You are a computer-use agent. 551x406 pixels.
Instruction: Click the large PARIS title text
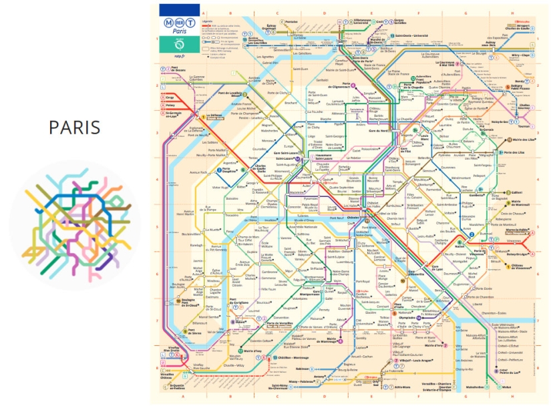75,127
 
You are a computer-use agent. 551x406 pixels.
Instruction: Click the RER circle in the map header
179,22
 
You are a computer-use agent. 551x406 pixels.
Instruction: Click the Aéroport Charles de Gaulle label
514,26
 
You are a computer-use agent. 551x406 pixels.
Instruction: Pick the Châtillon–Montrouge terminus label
294,359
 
